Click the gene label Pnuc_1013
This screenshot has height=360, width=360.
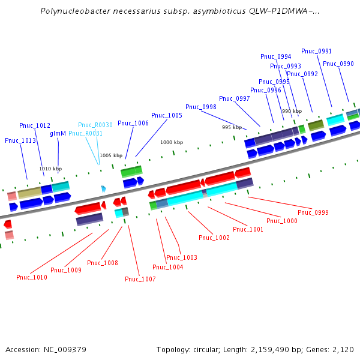point(20,140)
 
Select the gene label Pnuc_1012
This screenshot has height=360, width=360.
point(35,125)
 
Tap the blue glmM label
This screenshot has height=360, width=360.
point(58,134)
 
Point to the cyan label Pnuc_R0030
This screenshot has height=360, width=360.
point(95,125)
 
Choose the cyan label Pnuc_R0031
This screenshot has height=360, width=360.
point(85,133)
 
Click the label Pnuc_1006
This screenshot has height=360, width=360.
point(133,123)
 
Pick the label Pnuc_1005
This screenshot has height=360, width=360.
point(167,115)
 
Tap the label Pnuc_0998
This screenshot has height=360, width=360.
point(201,107)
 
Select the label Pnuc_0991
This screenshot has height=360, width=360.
point(316,51)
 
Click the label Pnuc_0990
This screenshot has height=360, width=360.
point(338,64)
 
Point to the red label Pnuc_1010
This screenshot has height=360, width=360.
point(32,277)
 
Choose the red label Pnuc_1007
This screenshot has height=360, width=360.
point(140,279)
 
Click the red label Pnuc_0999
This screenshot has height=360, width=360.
point(313,212)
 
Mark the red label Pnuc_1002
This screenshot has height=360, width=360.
point(214,238)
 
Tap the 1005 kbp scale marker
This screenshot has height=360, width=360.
point(110,155)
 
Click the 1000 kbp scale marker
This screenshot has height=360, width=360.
point(172,142)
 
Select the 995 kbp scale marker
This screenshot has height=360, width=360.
point(232,127)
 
